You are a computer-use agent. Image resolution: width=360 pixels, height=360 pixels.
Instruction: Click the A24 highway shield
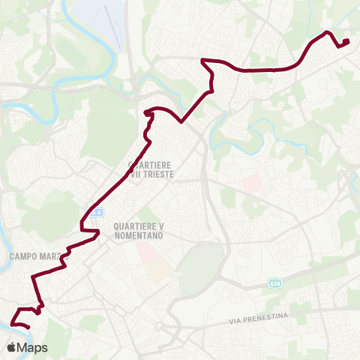pos(275,283)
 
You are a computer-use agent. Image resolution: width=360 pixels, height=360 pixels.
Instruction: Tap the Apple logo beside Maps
pos(12,347)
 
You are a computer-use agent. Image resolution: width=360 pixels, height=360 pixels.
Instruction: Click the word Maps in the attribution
pos(32,347)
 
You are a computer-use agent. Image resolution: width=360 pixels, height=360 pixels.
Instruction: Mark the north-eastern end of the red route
pos(346,42)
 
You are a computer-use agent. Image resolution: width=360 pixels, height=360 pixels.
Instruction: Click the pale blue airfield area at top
pos(97,15)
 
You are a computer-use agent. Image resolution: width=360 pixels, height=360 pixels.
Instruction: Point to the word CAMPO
pos(22,256)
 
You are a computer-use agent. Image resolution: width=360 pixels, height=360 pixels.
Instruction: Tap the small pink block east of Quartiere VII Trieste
pos(252,182)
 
